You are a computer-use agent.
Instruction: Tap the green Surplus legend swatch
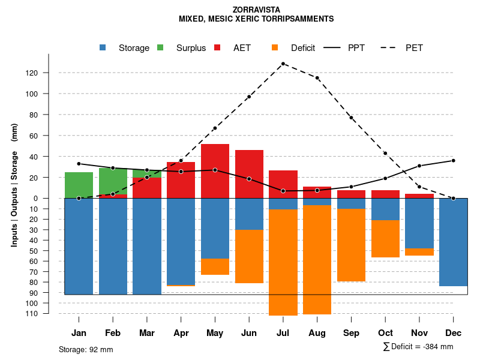pos(160,48)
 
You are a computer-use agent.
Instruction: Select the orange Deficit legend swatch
pos(275,48)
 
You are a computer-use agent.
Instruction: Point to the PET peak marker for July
pos(283,64)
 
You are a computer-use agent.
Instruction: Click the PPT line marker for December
pos(453,160)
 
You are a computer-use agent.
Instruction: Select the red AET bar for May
pos(215,171)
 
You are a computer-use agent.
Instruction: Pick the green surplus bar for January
pos(79,185)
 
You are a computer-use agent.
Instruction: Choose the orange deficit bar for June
pos(249,256)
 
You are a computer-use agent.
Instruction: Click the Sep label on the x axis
pos(351,333)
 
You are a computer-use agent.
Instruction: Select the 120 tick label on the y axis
pos(49,73)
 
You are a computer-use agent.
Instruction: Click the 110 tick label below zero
pos(49,314)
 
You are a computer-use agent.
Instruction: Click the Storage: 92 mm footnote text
pos(86,349)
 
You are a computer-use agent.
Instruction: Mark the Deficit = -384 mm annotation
pos(418,346)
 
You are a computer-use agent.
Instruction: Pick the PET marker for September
pos(351,118)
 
